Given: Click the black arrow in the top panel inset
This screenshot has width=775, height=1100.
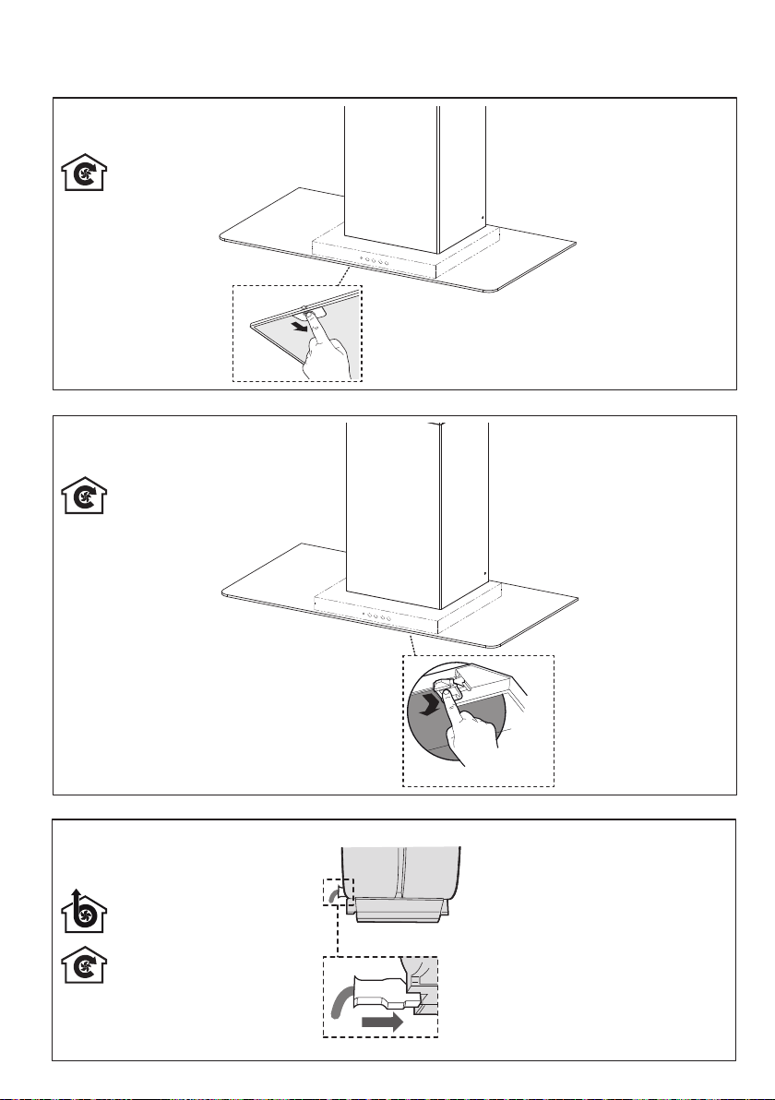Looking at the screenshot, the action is pyautogui.click(x=297, y=326).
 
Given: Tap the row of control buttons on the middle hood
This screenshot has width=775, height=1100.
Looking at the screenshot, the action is pyautogui.click(x=375, y=613).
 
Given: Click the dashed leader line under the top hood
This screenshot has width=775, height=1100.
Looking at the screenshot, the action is pyautogui.click(x=342, y=276).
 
